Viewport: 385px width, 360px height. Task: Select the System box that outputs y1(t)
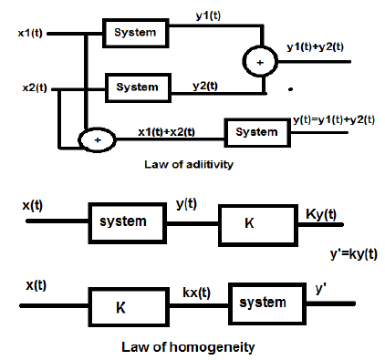click(x=135, y=32)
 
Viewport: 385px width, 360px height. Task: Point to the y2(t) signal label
click(x=204, y=85)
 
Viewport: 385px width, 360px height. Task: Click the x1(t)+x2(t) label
click(x=166, y=131)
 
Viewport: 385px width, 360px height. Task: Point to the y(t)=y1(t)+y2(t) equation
click(x=334, y=119)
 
